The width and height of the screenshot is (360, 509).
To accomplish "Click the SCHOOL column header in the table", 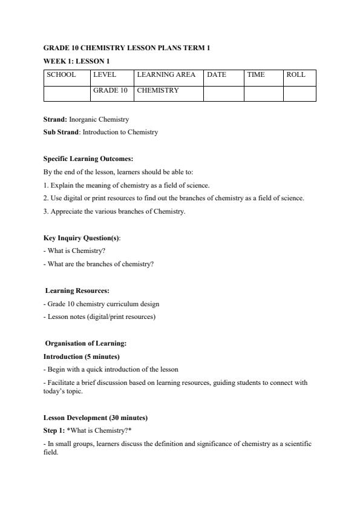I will coord(61,75).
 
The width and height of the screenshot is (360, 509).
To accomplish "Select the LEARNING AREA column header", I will coord(166,75).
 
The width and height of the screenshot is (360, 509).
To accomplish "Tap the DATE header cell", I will coord(217,75).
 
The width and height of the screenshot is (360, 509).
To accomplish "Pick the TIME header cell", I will coord(256,75).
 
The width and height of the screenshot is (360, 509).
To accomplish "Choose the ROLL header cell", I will coord(296,75).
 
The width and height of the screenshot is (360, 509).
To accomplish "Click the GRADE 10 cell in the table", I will coord(110,91).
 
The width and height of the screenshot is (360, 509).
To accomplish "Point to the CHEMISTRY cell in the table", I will coord(158,91).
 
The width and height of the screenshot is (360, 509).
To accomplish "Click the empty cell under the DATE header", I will coord(223,93).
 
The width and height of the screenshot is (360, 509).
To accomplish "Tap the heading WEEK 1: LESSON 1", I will coord(76,61).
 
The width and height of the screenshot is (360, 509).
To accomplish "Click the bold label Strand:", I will coord(55,120).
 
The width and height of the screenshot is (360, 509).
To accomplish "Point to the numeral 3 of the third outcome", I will coord(45,211).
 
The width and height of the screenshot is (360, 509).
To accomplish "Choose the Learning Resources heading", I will coord(77,291).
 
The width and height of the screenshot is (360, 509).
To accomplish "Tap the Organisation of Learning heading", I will coord(85,343).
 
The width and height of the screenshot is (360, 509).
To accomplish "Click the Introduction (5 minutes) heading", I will coord(81,356).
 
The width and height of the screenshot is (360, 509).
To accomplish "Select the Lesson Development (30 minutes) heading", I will coord(95,418).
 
